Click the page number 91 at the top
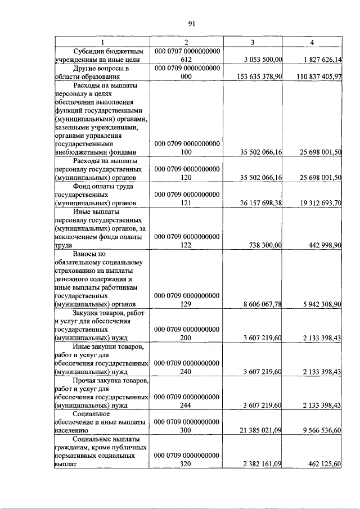point(191,23)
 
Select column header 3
point(253,42)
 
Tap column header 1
point(102,42)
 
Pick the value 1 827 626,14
point(322,60)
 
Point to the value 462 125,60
point(325,465)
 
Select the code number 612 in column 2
point(187,60)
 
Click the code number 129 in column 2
point(187,304)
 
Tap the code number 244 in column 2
point(187,405)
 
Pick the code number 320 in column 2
point(187,465)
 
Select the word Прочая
point(85,381)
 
